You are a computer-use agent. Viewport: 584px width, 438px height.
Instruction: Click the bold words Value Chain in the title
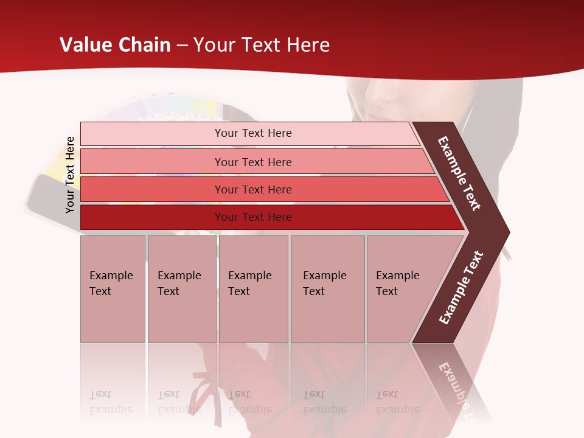(x=115, y=45)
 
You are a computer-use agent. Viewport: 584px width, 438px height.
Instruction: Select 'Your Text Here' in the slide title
(x=262, y=45)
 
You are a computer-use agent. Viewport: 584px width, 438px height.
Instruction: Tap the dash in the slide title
(x=182, y=46)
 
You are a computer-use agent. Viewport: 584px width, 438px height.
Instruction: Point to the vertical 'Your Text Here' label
(x=70, y=175)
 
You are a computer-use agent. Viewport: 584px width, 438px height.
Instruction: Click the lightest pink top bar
(x=252, y=133)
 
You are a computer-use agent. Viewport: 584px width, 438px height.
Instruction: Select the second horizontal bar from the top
(x=252, y=162)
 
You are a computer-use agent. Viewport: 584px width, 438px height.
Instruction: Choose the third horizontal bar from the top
(x=252, y=189)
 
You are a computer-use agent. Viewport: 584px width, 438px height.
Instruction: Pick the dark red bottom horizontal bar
(x=252, y=217)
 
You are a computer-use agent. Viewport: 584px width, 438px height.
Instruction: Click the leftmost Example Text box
(x=113, y=288)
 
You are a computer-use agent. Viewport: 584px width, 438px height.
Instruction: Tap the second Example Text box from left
(x=181, y=288)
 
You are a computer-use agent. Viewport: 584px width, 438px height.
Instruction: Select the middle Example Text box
(x=253, y=288)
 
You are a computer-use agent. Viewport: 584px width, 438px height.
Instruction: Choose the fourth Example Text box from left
(x=328, y=288)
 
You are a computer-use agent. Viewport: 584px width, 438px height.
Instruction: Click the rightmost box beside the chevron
(x=401, y=288)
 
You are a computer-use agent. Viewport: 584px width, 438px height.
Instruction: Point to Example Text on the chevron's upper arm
(x=459, y=173)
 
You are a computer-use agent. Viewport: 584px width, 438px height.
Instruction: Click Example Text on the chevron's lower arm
(x=461, y=288)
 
